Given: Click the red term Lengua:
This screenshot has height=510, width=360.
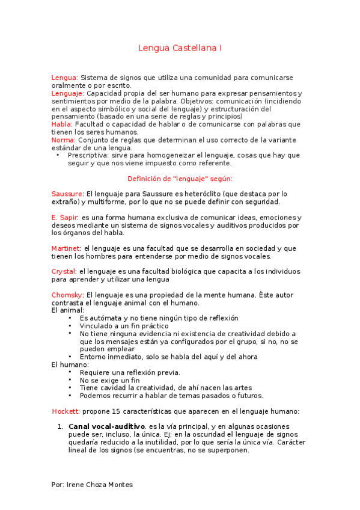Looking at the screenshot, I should [x=64, y=78].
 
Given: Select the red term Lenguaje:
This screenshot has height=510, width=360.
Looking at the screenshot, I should [x=67, y=93].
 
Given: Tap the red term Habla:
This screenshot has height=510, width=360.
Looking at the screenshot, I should [x=62, y=124].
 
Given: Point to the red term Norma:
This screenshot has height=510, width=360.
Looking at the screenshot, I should [x=63, y=140].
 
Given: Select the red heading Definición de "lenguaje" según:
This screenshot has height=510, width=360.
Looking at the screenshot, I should [x=180, y=179].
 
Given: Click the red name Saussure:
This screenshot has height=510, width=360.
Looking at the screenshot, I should [x=68, y=194].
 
